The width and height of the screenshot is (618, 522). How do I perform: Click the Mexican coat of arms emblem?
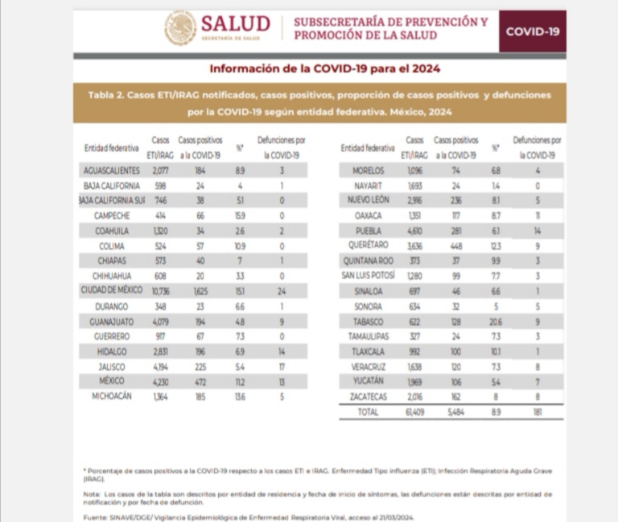tap(180, 27)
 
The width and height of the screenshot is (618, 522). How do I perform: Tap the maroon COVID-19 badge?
tap(532, 31)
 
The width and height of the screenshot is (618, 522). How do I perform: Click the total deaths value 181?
tap(538, 413)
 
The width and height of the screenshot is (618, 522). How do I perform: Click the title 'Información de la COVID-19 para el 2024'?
tap(319, 68)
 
